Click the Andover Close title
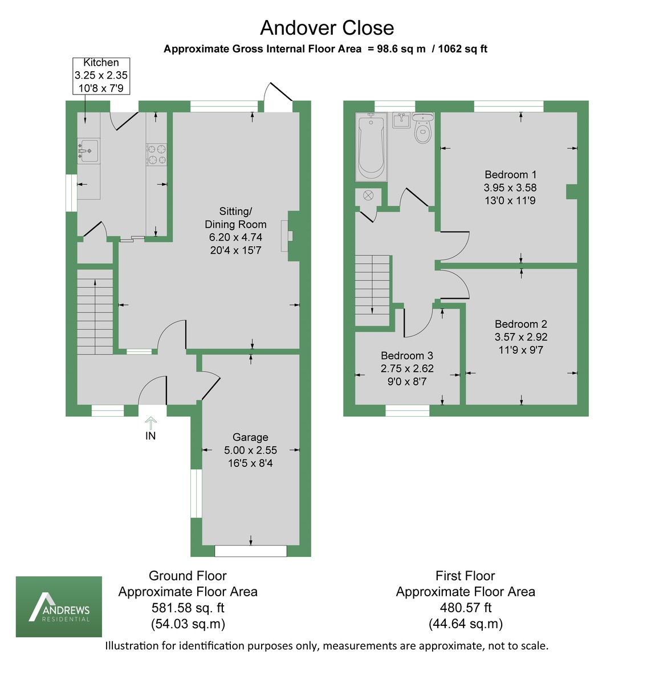[x=327, y=28]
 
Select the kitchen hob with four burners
[x=156, y=154]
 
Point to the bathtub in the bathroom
[x=371, y=147]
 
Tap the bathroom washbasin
[x=402, y=120]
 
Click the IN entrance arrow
[x=150, y=424]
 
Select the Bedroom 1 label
[x=510, y=174]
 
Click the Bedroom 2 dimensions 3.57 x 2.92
[x=520, y=337]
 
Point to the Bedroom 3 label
[x=406, y=355]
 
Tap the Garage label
[x=250, y=437]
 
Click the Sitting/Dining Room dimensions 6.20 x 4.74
[x=235, y=237]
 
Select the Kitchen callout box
[x=101, y=76]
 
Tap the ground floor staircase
[x=95, y=312]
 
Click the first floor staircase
[x=372, y=291]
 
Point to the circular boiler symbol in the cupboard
[x=368, y=196]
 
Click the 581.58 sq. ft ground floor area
[x=188, y=608]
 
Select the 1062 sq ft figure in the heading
[x=462, y=48]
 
